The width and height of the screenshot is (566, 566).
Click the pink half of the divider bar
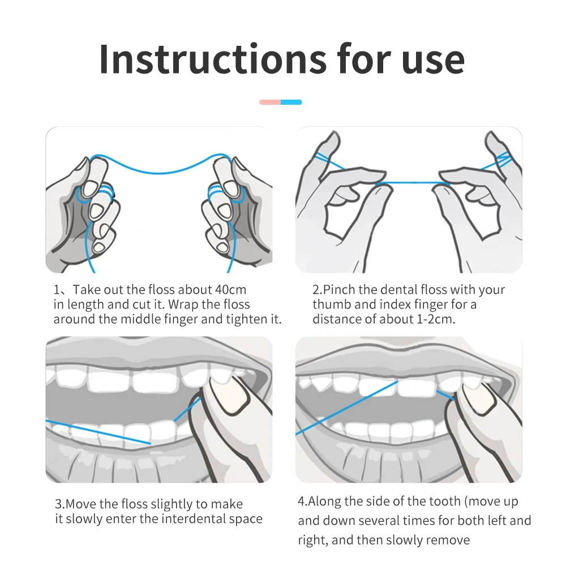(x=270, y=102)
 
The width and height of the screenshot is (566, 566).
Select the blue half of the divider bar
(x=291, y=102)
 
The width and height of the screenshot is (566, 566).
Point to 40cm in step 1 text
(x=231, y=289)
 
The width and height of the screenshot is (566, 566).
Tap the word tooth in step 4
(x=444, y=501)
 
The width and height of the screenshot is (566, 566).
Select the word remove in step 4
(x=449, y=541)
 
